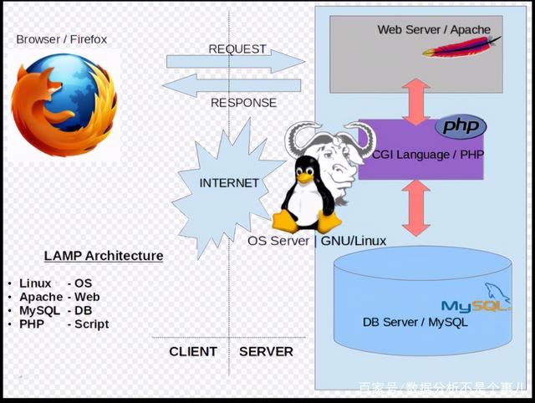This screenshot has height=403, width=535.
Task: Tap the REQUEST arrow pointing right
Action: (x=235, y=60)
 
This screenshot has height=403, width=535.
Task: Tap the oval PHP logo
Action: (x=461, y=126)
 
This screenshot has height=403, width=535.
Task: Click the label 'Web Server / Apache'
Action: (x=434, y=30)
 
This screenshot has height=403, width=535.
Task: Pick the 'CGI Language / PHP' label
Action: (x=428, y=155)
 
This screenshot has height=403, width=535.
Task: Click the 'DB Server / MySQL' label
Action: (x=415, y=322)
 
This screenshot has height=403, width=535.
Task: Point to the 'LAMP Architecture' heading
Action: (x=104, y=256)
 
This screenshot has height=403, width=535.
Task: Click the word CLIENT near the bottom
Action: (x=193, y=352)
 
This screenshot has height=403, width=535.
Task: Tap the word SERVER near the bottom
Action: (x=266, y=352)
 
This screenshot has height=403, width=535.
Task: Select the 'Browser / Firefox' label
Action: (x=62, y=39)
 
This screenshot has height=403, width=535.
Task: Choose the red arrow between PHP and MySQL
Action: (x=415, y=207)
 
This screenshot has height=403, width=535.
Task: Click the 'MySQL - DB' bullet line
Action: (x=57, y=310)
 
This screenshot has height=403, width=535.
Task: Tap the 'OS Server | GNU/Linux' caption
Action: (x=317, y=241)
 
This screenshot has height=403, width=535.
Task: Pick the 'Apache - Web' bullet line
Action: (x=60, y=297)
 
